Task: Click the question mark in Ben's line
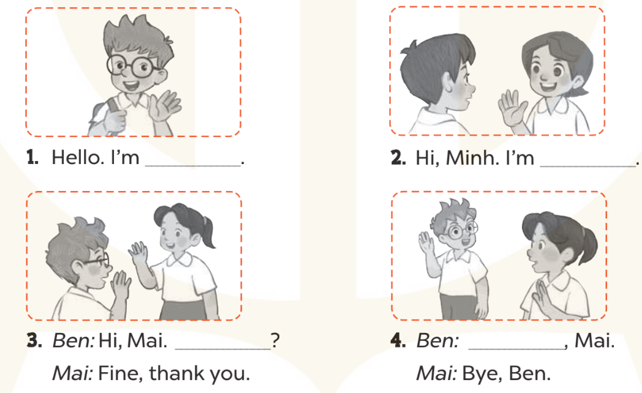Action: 276,340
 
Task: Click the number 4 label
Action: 398,340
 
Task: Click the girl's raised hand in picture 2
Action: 510,110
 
